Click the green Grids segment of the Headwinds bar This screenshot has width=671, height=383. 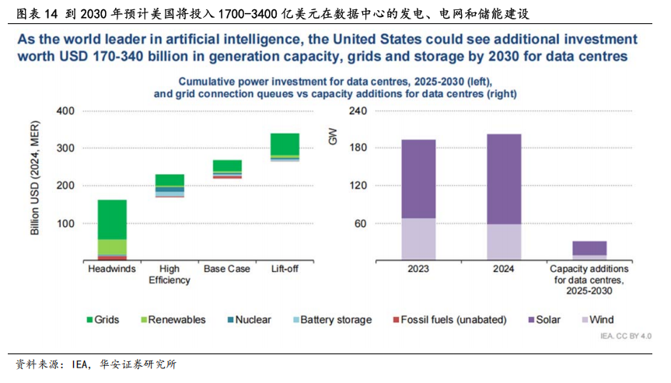[x=112, y=219]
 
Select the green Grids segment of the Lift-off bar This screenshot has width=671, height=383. [x=284, y=144]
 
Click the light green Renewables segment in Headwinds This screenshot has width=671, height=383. [x=112, y=246]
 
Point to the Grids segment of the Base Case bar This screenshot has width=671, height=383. [x=227, y=165]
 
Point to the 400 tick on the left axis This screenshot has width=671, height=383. [x=66, y=111]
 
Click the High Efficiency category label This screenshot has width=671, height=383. [x=169, y=274]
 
